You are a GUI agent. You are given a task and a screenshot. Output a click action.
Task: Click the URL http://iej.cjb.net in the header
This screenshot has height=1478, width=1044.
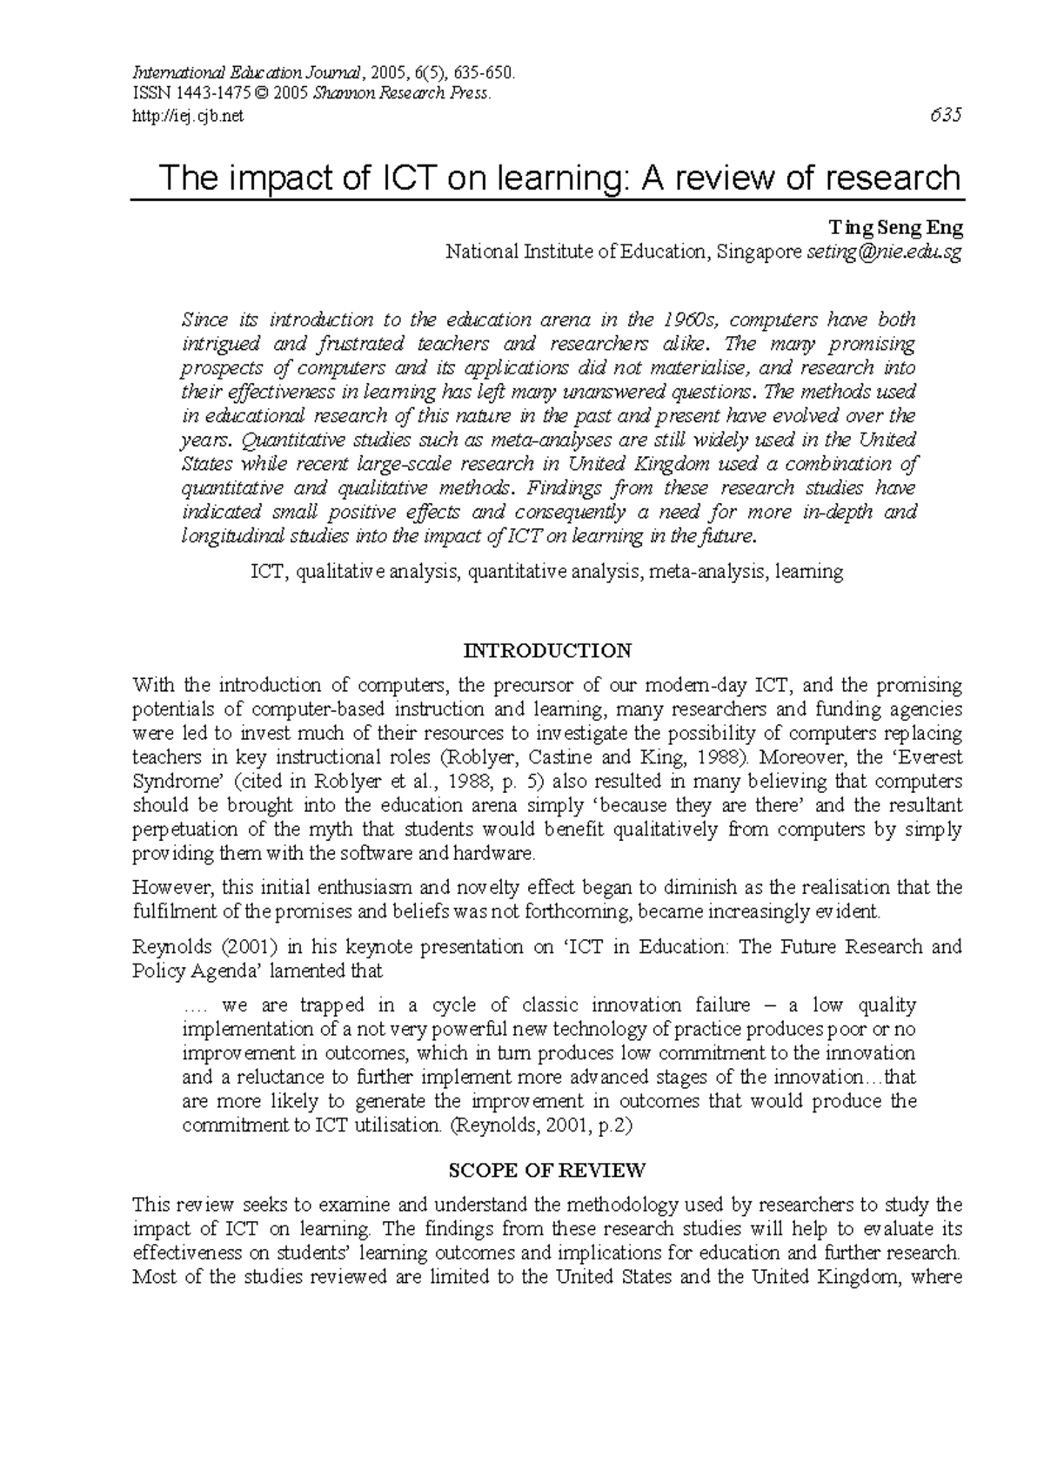pyautogui.click(x=188, y=117)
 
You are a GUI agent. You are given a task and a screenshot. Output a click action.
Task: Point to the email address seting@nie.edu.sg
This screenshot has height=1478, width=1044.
pyautogui.click(x=884, y=252)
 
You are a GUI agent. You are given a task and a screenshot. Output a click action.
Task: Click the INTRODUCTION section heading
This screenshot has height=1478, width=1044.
pyautogui.click(x=547, y=651)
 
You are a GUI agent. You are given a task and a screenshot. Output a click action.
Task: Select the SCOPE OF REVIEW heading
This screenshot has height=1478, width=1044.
pyautogui.click(x=547, y=1170)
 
